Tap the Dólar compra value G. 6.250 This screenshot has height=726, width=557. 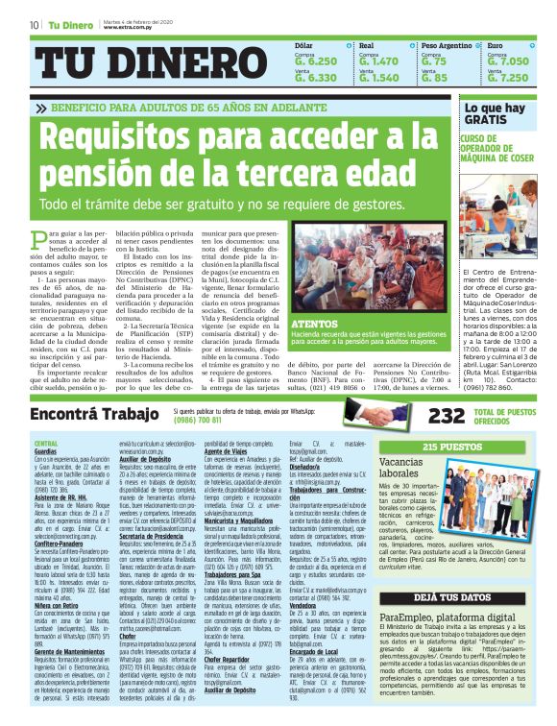coord(316,61)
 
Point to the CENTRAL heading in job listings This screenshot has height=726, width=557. coord(46,444)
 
